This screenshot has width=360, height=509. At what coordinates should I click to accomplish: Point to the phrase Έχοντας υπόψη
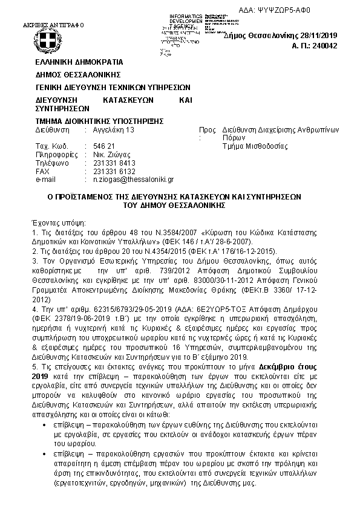[x=59, y=222]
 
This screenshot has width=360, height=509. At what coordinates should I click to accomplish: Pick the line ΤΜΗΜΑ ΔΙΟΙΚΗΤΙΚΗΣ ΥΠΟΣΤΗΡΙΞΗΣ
[x=100, y=121]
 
